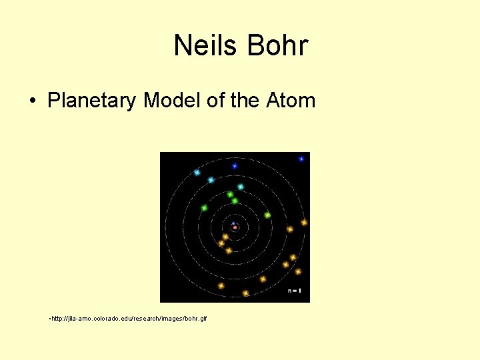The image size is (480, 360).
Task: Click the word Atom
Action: [x=291, y=101]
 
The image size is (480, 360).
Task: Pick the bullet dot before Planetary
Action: [x=33, y=101]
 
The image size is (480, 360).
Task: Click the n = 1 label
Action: [x=294, y=291]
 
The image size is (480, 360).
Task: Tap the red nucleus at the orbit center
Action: [x=235, y=227]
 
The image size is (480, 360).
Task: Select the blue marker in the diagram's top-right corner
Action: [x=301, y=159]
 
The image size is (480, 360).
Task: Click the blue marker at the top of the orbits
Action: [x=235, y=166]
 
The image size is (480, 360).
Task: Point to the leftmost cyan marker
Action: [x=197, y=172]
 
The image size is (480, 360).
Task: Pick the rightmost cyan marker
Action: [x=241, y=187]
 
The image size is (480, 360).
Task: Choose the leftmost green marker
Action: [x=204, y=207]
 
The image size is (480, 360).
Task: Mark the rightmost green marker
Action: [x=267, y=215]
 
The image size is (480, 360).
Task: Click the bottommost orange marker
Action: [x=245, y=293]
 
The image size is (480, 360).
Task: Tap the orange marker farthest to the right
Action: [x=304, y=222]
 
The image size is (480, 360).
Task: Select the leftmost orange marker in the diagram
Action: [x=221, y=285]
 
